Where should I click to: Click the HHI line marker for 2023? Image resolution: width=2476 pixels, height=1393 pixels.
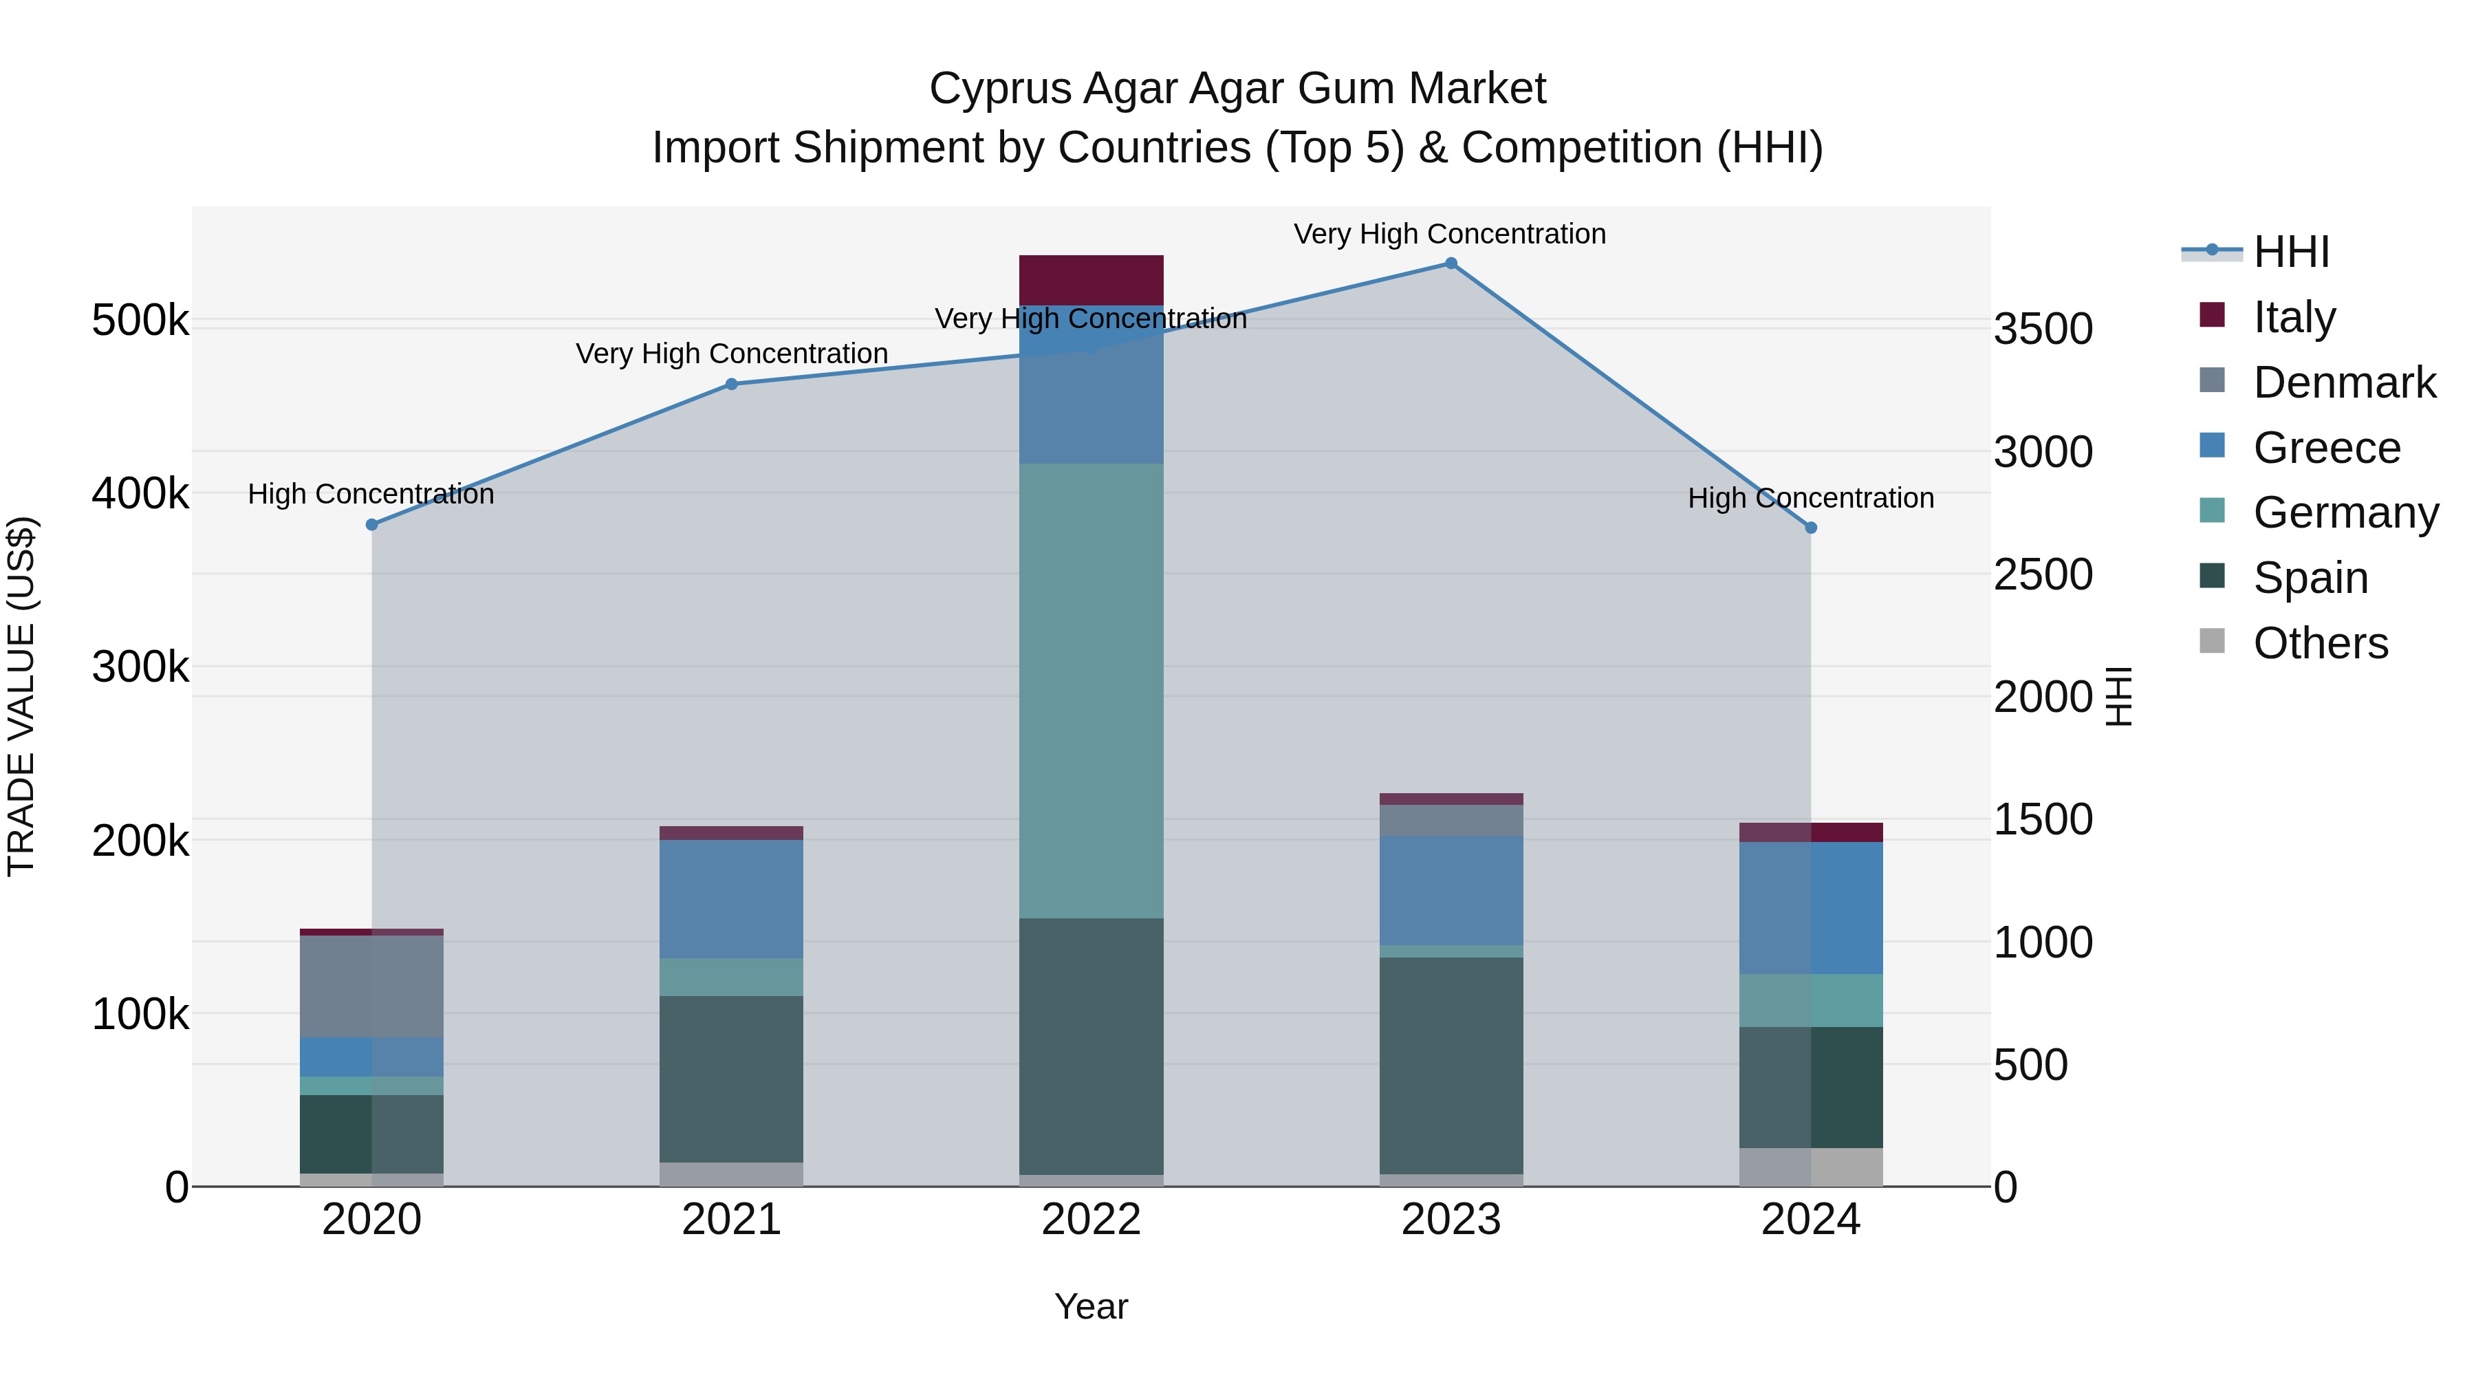(1451, 263)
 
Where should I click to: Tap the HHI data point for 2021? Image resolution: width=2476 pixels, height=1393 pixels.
(730, 385)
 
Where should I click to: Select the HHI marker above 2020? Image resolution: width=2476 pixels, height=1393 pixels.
(372, 525)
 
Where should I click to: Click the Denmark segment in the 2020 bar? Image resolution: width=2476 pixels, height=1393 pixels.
(372, 986)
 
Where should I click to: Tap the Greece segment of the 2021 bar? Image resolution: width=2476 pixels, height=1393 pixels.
(730, 899)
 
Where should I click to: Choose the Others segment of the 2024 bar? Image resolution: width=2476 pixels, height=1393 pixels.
(1811, 1167)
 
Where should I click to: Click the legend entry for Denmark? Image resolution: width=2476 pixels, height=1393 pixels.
(2343, 382)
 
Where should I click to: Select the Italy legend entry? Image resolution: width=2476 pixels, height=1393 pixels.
(2293, 317)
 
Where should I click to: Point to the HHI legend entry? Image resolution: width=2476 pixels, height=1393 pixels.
(2290, 252)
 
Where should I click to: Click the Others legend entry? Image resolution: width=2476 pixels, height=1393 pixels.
(2319, 643)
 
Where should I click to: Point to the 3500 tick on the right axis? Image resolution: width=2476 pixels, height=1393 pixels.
(2043, 329)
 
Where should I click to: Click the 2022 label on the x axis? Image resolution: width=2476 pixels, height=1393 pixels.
(1091, 1220)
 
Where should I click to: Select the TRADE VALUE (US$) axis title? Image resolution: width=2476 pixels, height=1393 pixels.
(22, 696)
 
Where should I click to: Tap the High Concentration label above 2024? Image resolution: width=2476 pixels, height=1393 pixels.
(1811, 498)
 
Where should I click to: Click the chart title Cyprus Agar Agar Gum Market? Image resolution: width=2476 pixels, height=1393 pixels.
(1237, 89)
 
